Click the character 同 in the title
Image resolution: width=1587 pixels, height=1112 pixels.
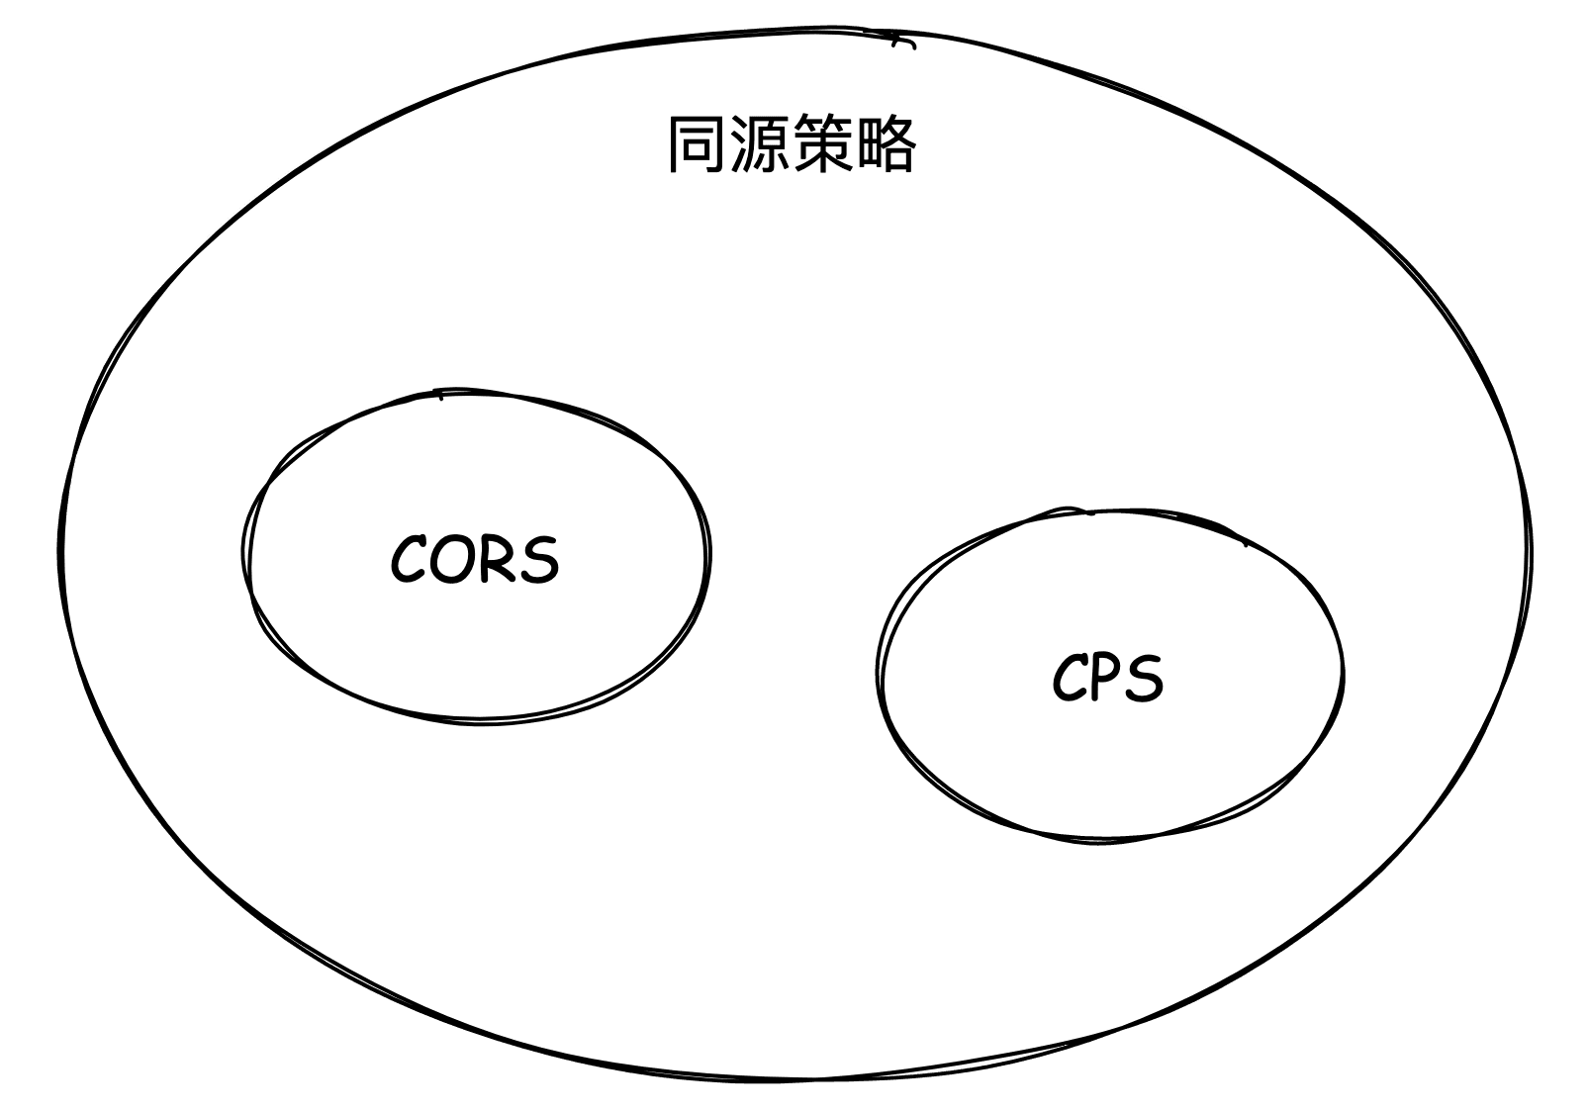(x=698, y=146)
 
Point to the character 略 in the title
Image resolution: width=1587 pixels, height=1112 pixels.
(x=886, y=146)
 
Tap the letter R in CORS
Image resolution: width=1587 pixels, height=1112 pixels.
(x=494, y=560)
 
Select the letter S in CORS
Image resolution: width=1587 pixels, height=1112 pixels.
(x=538, y=560)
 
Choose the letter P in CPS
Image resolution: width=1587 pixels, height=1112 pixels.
(x=1106, y=679)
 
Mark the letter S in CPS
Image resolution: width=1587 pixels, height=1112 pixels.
(x=1144, y=680)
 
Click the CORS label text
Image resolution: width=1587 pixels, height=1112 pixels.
(x=474, y=560)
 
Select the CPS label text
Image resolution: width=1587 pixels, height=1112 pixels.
(x=1107, y=680)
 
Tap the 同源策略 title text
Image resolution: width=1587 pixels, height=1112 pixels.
(x=792, y=146)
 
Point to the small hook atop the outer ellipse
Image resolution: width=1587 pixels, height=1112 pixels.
(x=902, y=42)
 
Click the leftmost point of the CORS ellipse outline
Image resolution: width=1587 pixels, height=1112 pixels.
(x=243, y=554)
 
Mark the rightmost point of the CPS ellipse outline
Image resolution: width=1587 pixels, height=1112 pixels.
(x=1343, y=673)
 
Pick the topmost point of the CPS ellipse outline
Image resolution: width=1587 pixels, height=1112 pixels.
(x=1088, y=510)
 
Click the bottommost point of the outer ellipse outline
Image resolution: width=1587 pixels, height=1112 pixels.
(x=792, y=1079)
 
